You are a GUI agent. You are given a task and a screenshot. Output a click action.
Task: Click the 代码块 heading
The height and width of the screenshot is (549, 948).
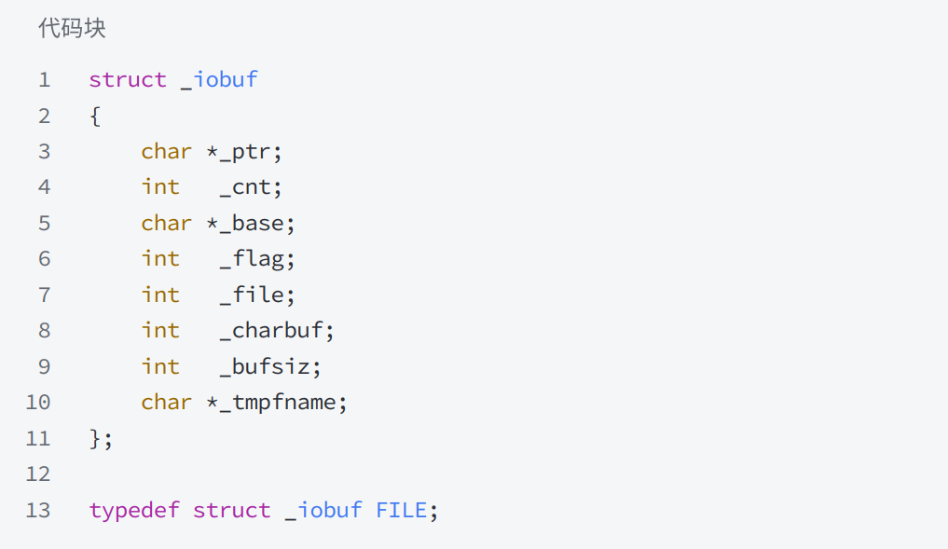(72, 28)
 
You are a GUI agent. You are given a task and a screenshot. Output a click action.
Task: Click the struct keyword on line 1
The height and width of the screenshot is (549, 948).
(128, 80)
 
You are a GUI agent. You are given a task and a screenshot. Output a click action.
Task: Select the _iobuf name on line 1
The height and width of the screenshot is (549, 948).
(219, 80)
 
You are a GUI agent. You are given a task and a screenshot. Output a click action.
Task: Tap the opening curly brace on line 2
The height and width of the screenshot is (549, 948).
(95, 117)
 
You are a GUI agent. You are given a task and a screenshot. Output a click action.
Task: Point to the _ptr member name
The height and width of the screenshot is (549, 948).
(244, 152)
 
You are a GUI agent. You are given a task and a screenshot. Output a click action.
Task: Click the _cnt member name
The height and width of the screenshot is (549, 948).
(244, 187)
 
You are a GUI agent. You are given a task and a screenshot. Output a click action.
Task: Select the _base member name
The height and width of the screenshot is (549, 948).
(251, 223)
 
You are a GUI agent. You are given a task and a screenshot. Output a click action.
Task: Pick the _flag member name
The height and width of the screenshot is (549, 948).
(251, 259)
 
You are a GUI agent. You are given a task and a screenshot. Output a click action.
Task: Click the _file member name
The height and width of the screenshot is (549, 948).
(251, 295)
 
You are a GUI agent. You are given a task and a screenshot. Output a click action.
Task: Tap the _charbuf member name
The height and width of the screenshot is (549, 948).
(271, 331)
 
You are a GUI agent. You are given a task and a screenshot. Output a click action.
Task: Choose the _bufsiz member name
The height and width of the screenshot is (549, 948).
(264, 367)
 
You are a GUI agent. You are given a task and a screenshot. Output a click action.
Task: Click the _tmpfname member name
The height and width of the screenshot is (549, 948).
(278, 403)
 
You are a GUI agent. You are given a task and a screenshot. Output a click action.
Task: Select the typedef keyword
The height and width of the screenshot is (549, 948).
(134, 510)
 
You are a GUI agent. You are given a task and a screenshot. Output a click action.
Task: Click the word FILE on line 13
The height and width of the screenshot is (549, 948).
(401, 510)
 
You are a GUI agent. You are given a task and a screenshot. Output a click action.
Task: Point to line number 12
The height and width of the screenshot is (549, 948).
(38, 474)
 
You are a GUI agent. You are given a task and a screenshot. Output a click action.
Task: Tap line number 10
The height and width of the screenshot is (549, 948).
(38, 402)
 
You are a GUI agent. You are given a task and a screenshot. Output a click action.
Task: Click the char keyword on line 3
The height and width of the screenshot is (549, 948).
(166, 152)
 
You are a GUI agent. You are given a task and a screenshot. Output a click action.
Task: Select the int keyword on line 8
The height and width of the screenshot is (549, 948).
(160, 331)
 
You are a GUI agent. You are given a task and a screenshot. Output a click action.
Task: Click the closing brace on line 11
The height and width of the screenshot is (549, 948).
(95, 438)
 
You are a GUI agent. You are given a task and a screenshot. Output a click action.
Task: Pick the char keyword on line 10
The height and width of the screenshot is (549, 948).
(166, 403)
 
